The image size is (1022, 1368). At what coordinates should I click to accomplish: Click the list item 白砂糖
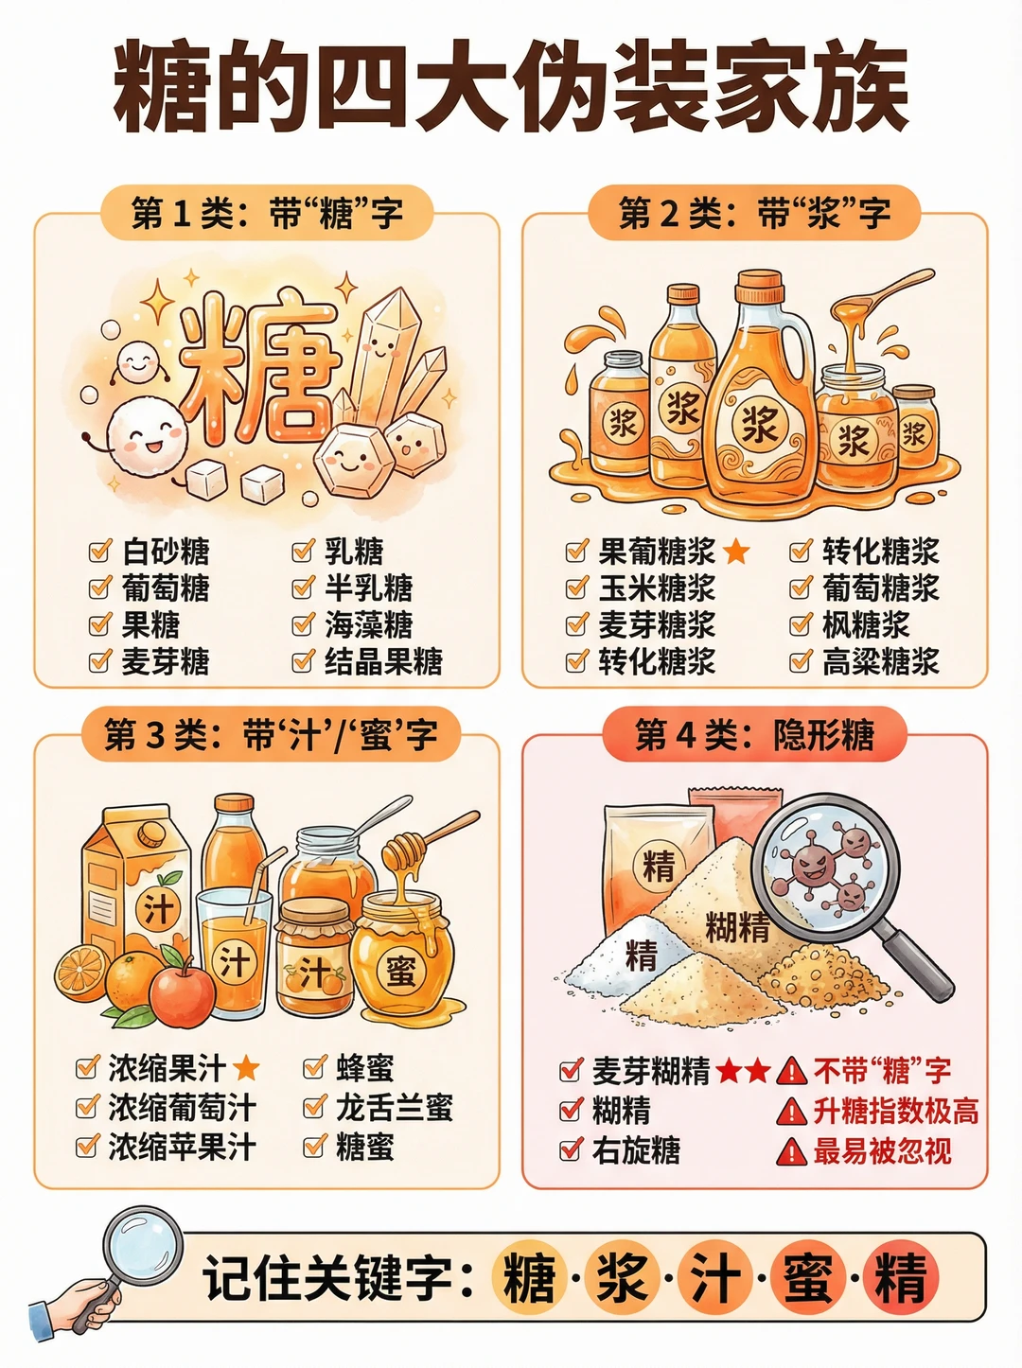tap(166, 552)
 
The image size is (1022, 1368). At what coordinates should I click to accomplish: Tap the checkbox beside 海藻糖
tap(304, 623)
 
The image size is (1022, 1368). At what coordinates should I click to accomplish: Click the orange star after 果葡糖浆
tap(736, 552)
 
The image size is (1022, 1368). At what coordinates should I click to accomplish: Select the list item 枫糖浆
tap(866, 624)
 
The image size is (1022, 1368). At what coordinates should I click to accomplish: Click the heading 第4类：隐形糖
tap(754, 735)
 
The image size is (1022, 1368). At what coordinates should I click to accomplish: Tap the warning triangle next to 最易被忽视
tap(792, 1151)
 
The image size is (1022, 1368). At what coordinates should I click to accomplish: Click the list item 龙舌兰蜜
tap(394, 1108)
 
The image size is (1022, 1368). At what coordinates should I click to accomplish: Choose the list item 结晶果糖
tap(383, 661)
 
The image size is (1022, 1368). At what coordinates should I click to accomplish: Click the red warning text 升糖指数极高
tap(896, 1112)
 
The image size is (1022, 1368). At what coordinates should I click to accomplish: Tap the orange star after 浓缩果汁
tap(245, 1068)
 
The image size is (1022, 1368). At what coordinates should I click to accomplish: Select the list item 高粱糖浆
tap(881, 661)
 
